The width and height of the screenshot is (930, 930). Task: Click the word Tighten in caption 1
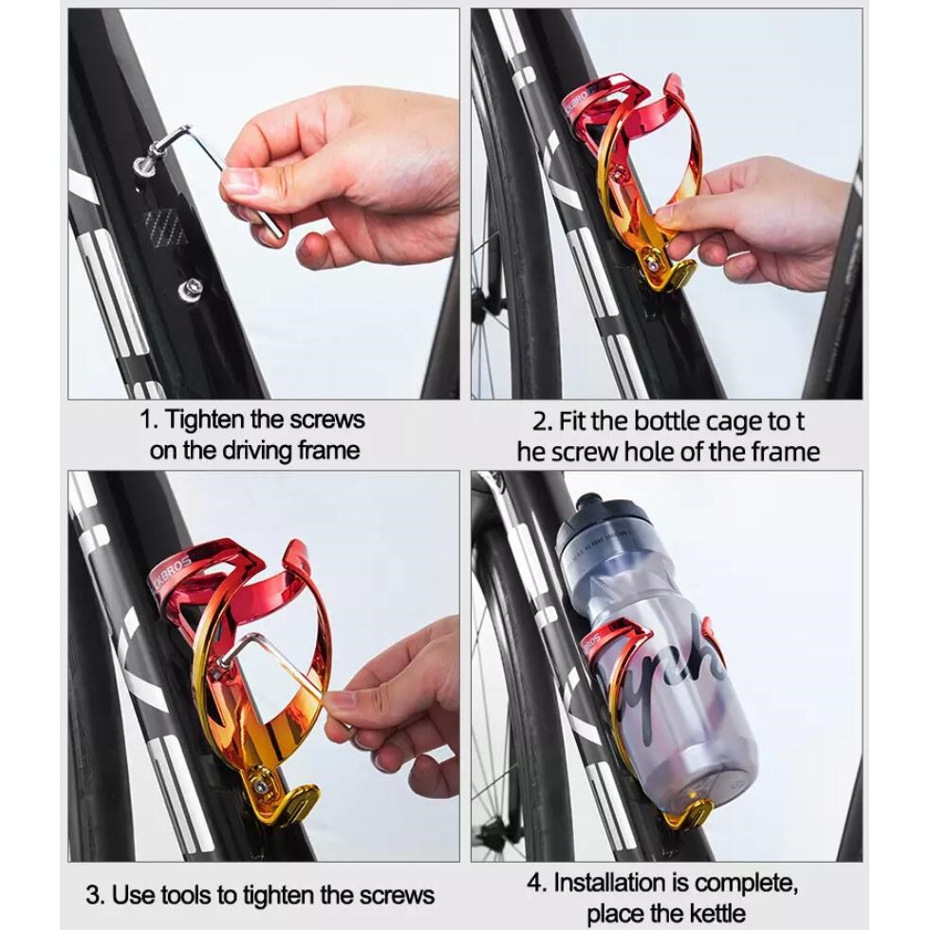coord(204,419)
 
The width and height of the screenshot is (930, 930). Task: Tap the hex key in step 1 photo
coord(214,172)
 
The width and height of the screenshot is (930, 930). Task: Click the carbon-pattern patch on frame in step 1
coord(165,227)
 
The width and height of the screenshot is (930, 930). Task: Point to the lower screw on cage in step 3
coord(258,786)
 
